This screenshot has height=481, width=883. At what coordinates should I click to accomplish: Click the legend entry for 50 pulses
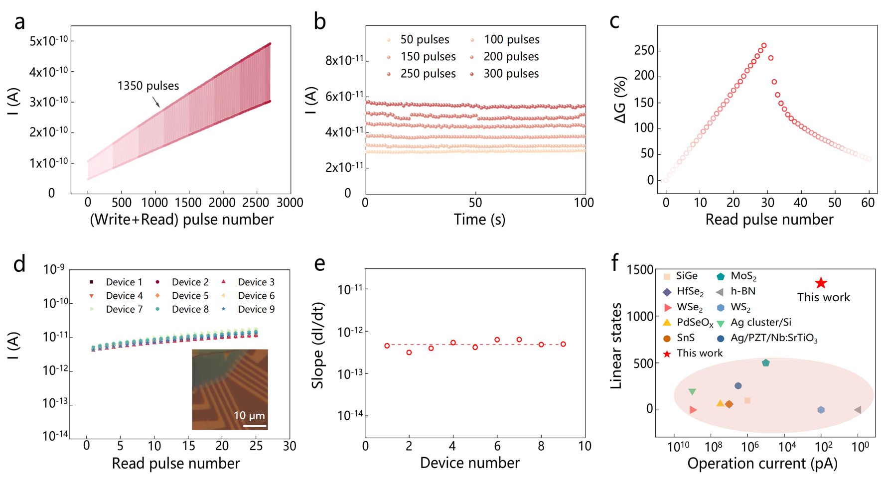(x=424, y=39)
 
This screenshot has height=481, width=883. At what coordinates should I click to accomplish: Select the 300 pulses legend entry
(x=511, y=74)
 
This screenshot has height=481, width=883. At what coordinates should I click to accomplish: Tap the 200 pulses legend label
(x=511, y=57)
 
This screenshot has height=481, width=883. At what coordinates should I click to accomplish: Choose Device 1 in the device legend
(x=124, y=282)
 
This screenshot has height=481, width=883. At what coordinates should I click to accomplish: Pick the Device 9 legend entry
(x=256, y=309)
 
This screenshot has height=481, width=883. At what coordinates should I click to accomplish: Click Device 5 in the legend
(x=190, y=296)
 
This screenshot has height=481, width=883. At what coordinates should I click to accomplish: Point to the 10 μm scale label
(x=249, y=415)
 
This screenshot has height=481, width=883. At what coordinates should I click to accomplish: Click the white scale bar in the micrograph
(x=255, y=426)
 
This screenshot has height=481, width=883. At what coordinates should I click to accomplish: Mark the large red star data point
(x=821, y=283)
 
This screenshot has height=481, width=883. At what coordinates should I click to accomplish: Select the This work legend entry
(x=699, y=353)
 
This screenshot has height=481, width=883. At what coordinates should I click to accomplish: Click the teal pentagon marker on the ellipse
(x=766, y=362)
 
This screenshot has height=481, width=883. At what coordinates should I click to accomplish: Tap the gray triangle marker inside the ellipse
(x=858, y=409)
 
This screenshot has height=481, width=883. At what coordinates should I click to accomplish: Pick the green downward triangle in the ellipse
(x=692, y=392)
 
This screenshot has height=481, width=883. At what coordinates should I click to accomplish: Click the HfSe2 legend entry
(x=690, y=291)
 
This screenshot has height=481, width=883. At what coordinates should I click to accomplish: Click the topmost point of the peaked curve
(x=764, y=45)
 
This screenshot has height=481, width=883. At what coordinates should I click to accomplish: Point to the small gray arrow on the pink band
(x=156, y=102)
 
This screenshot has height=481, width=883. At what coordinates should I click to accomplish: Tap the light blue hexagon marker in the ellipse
(x=821, y=410)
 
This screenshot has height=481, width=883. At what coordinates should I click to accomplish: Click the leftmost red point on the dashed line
(x=387, y=346)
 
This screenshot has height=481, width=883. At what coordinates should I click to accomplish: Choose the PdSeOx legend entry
(x=695, y=322)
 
